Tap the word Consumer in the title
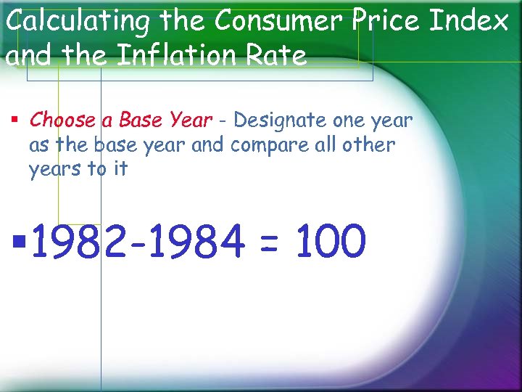coord(275,21)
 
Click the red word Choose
coord(62,120)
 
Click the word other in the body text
coord(368,144)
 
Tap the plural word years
coord(54,171)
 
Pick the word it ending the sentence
coord(120,169)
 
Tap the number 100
coord(330,242)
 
